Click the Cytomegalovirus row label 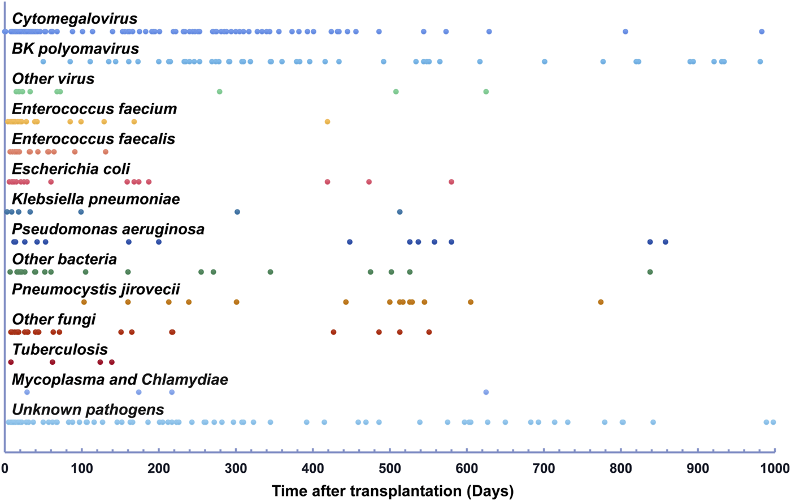75,19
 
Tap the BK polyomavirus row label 75,49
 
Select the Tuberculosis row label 60,350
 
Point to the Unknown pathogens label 88,410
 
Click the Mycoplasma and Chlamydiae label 120,380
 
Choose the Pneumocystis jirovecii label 95,290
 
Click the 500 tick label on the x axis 390,468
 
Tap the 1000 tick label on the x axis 775,468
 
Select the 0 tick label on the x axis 5,468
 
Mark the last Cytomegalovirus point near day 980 762,32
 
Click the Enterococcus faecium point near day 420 327,122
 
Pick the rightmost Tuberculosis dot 112,362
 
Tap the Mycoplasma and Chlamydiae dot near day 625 486,392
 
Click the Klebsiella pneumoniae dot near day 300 237,212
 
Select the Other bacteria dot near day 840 650,272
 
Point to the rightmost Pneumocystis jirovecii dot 601,302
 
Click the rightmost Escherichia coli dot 451,182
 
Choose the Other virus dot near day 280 220,92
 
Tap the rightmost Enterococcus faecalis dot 105,152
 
